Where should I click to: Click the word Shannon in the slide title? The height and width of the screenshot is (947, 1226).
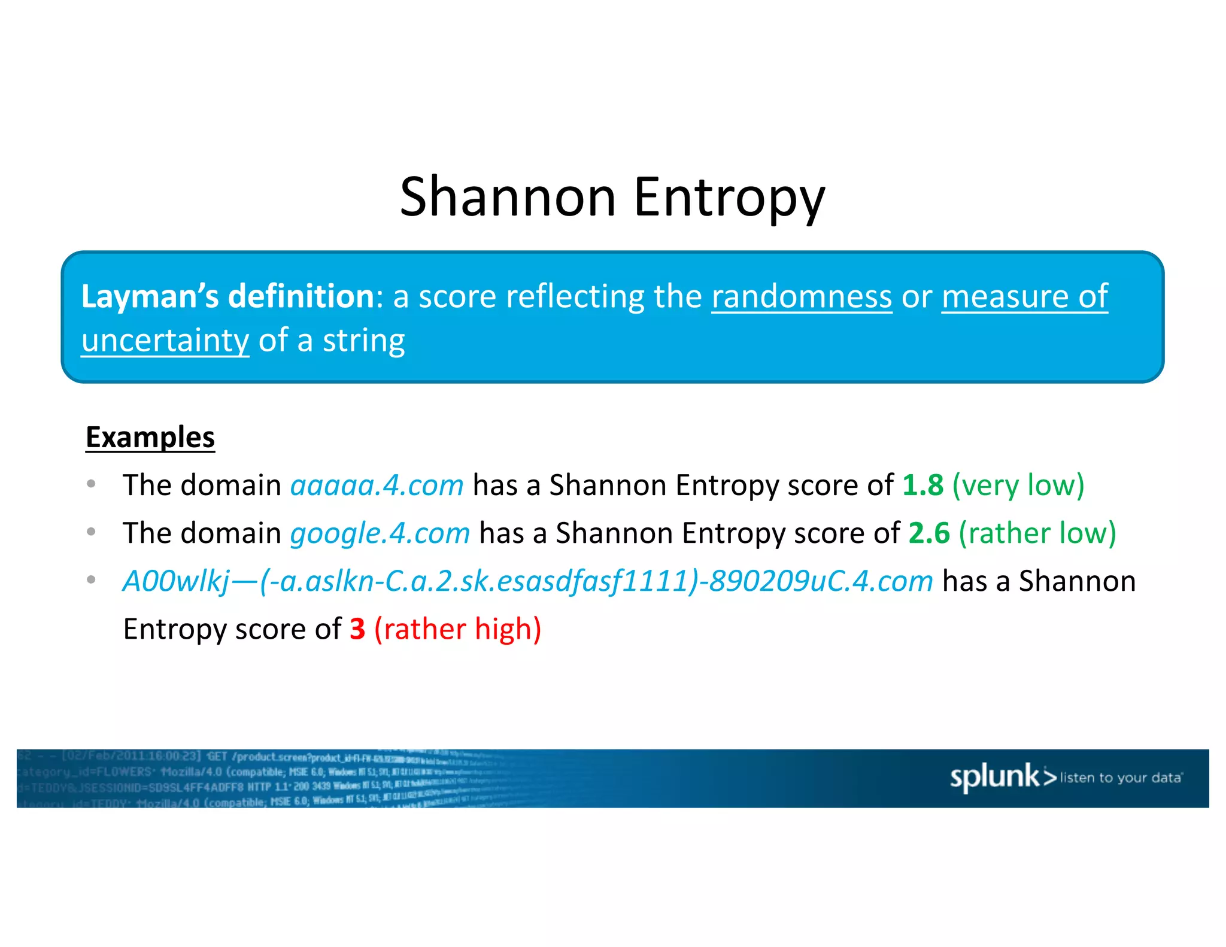tap(508, 197)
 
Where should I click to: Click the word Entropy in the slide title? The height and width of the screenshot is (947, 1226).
tap(729, 197)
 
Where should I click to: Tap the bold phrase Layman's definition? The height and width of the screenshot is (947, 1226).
tap(227, 296)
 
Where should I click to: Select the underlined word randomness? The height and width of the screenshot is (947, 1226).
tap(802, 296)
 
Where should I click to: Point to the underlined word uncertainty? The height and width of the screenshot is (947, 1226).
tap(165, 340)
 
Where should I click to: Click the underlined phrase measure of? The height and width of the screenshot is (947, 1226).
tap(1024, 296)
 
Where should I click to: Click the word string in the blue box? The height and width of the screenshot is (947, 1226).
tap(363, 340)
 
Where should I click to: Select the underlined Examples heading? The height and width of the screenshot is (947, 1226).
tap(150, 437)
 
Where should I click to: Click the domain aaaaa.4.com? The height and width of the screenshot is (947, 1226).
tap(377, 485)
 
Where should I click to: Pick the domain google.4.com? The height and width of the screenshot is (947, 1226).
tap(380, 533)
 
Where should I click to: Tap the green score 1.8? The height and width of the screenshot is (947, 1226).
tap(922, 485)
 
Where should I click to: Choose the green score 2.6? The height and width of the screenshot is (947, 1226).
tap(928, 533)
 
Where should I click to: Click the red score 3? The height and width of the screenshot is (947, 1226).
tap(357, 629)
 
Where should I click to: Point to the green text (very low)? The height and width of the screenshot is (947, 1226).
tap(1018, 485)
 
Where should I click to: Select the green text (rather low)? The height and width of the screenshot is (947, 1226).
tap(1037, 533)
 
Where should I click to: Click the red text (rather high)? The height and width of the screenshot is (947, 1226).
tap(458, 629)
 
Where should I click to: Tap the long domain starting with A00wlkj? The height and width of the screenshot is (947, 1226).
tap(527, 581)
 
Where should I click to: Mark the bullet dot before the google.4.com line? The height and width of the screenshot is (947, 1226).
tap(91, 532)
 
